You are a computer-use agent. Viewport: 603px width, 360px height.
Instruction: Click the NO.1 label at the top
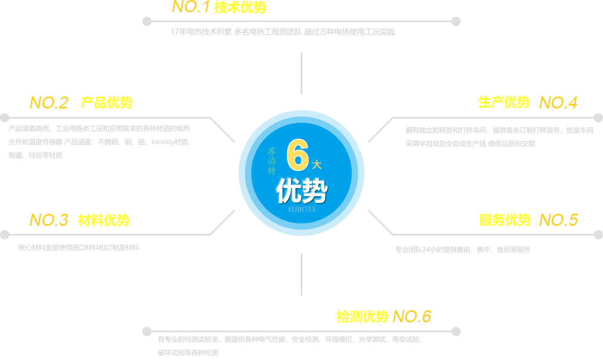pyautogui.click(x=191, y=7)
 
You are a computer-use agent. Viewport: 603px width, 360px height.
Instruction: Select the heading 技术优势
pyautogui.click(x=240, y=8)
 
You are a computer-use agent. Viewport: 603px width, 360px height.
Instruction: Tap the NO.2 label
pyautogui.click(x=49, y=103)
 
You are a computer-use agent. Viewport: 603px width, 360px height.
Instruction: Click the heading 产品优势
pyautogui.click(x=106, y=103)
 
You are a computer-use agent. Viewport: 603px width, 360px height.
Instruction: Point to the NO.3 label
pyautogui.click(x=49, y=220)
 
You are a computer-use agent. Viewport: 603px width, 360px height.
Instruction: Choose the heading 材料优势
pyautogui.click(x=103, y=220)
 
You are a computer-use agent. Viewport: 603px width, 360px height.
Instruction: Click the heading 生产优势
pyautogui.click(x=504, y=102)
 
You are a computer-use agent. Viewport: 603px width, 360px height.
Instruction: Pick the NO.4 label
pyautogui.click(x=558, y=103)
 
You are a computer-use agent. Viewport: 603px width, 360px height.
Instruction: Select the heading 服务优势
pyautogui.click(x=505, y=220)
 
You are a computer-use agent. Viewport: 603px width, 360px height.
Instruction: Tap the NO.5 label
pyautogui.click(x=559, y=220)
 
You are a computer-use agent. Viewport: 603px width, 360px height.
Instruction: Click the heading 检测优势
pyautogui.click(x=362, y=316)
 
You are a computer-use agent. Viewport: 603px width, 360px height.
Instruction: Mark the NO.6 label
pyautogui.click(x=412, y=316)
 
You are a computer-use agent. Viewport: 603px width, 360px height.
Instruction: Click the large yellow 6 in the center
pyautogui.click(x=298, y=155)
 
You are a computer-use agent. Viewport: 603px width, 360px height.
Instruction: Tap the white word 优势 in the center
pyautogui.click(x=301, y=191)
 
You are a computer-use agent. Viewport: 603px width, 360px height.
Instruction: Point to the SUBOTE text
pyautogui.click(x=302, y=210)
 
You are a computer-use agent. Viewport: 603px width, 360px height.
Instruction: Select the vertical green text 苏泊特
pyautogui.click(x=272, y=161)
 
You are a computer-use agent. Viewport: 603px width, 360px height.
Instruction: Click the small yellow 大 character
pyautogui.click(x=317, y=165)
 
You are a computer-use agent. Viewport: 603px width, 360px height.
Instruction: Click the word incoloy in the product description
pyautogui.click(x=163, y=142)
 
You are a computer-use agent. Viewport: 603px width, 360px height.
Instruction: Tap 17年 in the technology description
pyautogui.click(x=178, y=32)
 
